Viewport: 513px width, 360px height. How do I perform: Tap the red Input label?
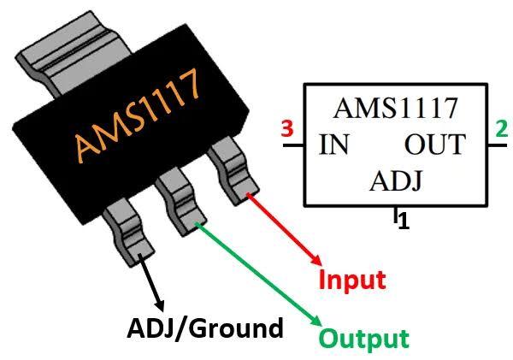[x=352, y=280]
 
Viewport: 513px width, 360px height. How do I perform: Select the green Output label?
[x=364, y=337]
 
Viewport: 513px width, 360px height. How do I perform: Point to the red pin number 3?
[x=288, y=131]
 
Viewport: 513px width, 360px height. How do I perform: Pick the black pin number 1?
[x=404, y=221]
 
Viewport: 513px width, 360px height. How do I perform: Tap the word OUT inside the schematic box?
[x=434, y=145]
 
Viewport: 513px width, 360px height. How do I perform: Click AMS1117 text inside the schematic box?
[x=395, y=109]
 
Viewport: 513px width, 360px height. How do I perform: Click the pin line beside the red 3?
[x=292, y=147]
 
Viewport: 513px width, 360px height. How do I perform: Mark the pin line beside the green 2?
[x=497, y=147]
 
